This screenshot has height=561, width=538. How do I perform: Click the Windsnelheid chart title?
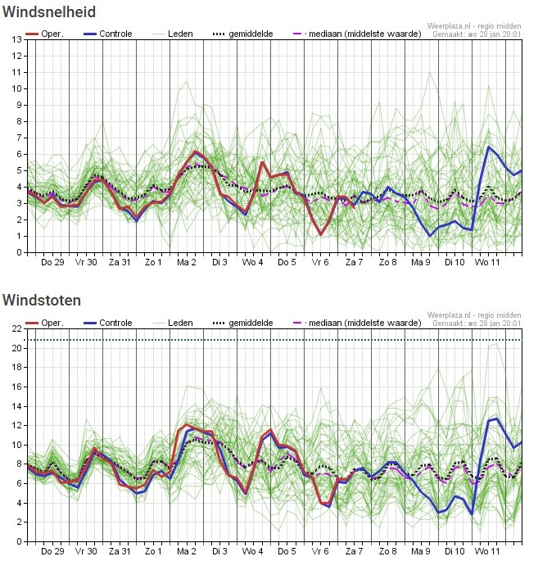[49, 11]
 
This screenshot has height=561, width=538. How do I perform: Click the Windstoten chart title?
[42, 301]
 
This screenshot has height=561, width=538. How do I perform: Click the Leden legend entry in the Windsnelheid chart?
[180, 34]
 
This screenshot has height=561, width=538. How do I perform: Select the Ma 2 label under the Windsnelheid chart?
[187, 262]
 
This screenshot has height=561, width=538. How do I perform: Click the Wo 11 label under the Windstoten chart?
[488, 551]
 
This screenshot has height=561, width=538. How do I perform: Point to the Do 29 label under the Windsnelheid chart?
[52, 262]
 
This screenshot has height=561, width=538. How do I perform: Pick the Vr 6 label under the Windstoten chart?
[320, 551]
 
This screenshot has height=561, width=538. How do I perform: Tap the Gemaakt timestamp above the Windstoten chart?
[477, 324]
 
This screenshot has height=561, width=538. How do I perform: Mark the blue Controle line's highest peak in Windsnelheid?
[489, 147]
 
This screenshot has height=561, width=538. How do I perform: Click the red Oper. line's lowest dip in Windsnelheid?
[321, 235]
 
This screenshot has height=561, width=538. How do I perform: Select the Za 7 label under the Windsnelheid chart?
[354, 262]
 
